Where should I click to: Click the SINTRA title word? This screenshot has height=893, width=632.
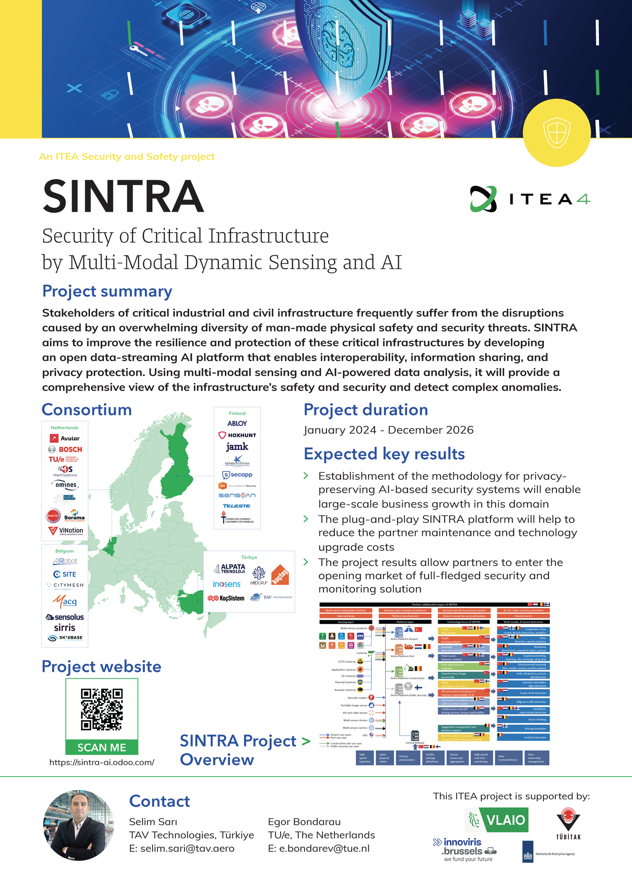coord(123,196)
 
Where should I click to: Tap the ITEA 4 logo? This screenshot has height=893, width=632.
coord(529,199)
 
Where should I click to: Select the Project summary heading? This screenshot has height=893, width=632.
coord(107,291)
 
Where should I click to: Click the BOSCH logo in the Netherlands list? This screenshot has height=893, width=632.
coord(65,449)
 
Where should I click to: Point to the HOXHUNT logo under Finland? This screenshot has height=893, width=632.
coord(237,435)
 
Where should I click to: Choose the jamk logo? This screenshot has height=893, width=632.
coord(237,447)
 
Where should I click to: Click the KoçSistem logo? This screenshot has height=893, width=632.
coord(226,598)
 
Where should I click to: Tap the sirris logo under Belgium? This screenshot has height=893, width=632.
coord(64,628)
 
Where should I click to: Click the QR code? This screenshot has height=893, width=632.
coord(102,709)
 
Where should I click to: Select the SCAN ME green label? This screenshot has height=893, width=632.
coord(102,748)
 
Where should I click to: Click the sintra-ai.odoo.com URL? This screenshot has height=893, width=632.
coord(102,762)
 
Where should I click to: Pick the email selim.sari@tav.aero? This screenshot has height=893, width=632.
coord(182,848)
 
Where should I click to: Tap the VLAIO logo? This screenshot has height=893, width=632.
coord(498,820)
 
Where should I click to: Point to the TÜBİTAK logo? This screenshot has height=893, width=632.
coord(568,823)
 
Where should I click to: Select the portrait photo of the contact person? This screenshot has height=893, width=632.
coord(78,825)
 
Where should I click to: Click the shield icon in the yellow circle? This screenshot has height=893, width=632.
coord(556,132)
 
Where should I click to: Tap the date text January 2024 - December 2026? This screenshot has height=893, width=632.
coord(389,430)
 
